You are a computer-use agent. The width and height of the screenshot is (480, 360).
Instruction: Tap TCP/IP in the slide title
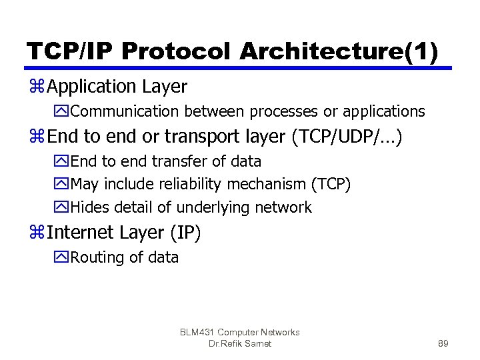[64, 51]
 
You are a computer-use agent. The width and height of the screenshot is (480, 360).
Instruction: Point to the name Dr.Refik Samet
[240, 344]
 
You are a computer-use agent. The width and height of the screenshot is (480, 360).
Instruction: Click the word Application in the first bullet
[92, 87]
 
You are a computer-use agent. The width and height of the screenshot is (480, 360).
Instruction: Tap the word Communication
[127, 111]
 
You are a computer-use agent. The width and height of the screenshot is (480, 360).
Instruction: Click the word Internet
[82, 233]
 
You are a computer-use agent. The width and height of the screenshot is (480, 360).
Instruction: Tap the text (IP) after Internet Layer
[185, 233]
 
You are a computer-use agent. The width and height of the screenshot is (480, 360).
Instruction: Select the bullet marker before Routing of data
[63, 257]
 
